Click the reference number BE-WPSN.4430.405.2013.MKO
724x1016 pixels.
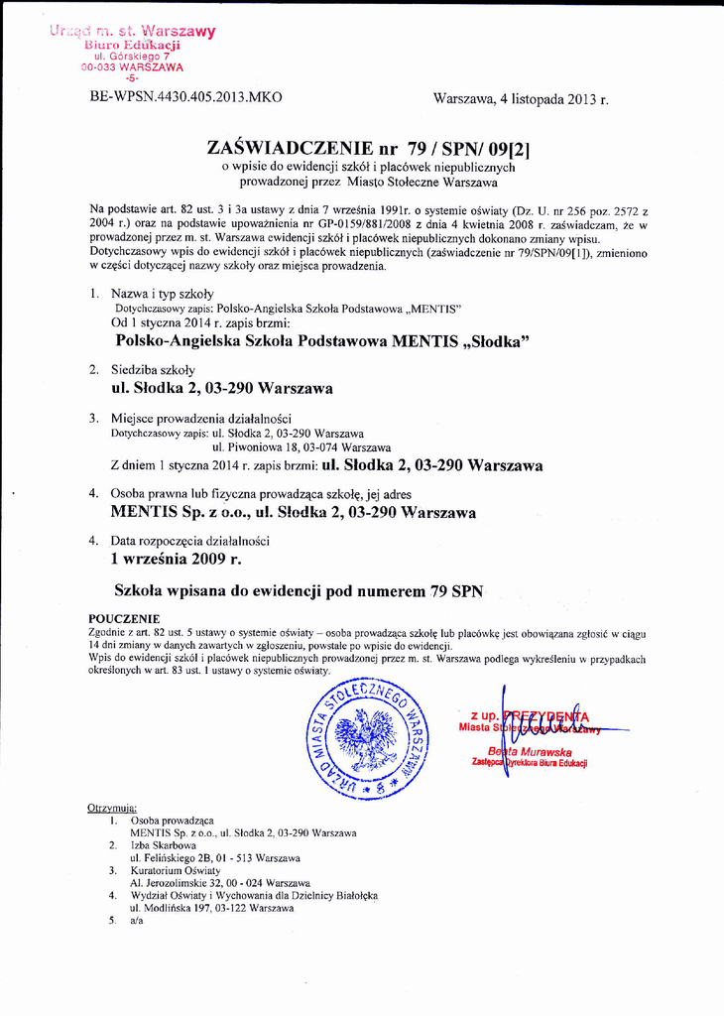click(x=185, y=97)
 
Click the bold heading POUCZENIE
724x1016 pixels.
click(x=124, y=618)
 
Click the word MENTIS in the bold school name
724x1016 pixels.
click(x=425, y=341)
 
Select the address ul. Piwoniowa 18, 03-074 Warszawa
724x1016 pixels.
click(x=302, y=447)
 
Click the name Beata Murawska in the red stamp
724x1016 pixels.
click(x=531, y=751)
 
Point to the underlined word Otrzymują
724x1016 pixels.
click(x=112, y=808)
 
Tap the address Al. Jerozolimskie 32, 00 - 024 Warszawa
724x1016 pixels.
click(x=220, y=882)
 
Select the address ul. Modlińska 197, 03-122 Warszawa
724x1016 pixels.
click(x=211, y=908)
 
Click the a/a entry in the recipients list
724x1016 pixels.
click(x=136, y=921)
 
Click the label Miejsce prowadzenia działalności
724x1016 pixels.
click(x=201, y=418)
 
